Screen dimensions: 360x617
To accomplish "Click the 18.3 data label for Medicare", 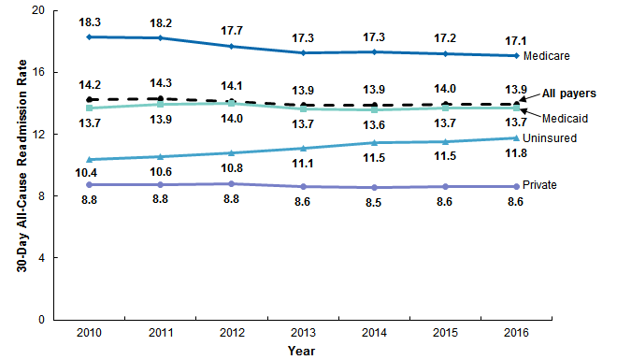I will tap(88, 20).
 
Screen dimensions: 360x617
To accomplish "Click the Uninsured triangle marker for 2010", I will tap(88, 159).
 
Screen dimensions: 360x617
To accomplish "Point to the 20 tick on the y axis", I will tap(38, 11).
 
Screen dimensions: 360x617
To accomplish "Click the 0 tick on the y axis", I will tap(41, 320).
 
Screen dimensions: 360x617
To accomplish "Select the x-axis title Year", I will tap(300, 351).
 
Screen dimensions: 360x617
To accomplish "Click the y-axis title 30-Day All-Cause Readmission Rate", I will tap(20, 165).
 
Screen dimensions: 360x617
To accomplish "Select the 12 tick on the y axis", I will tap(38, 135).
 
